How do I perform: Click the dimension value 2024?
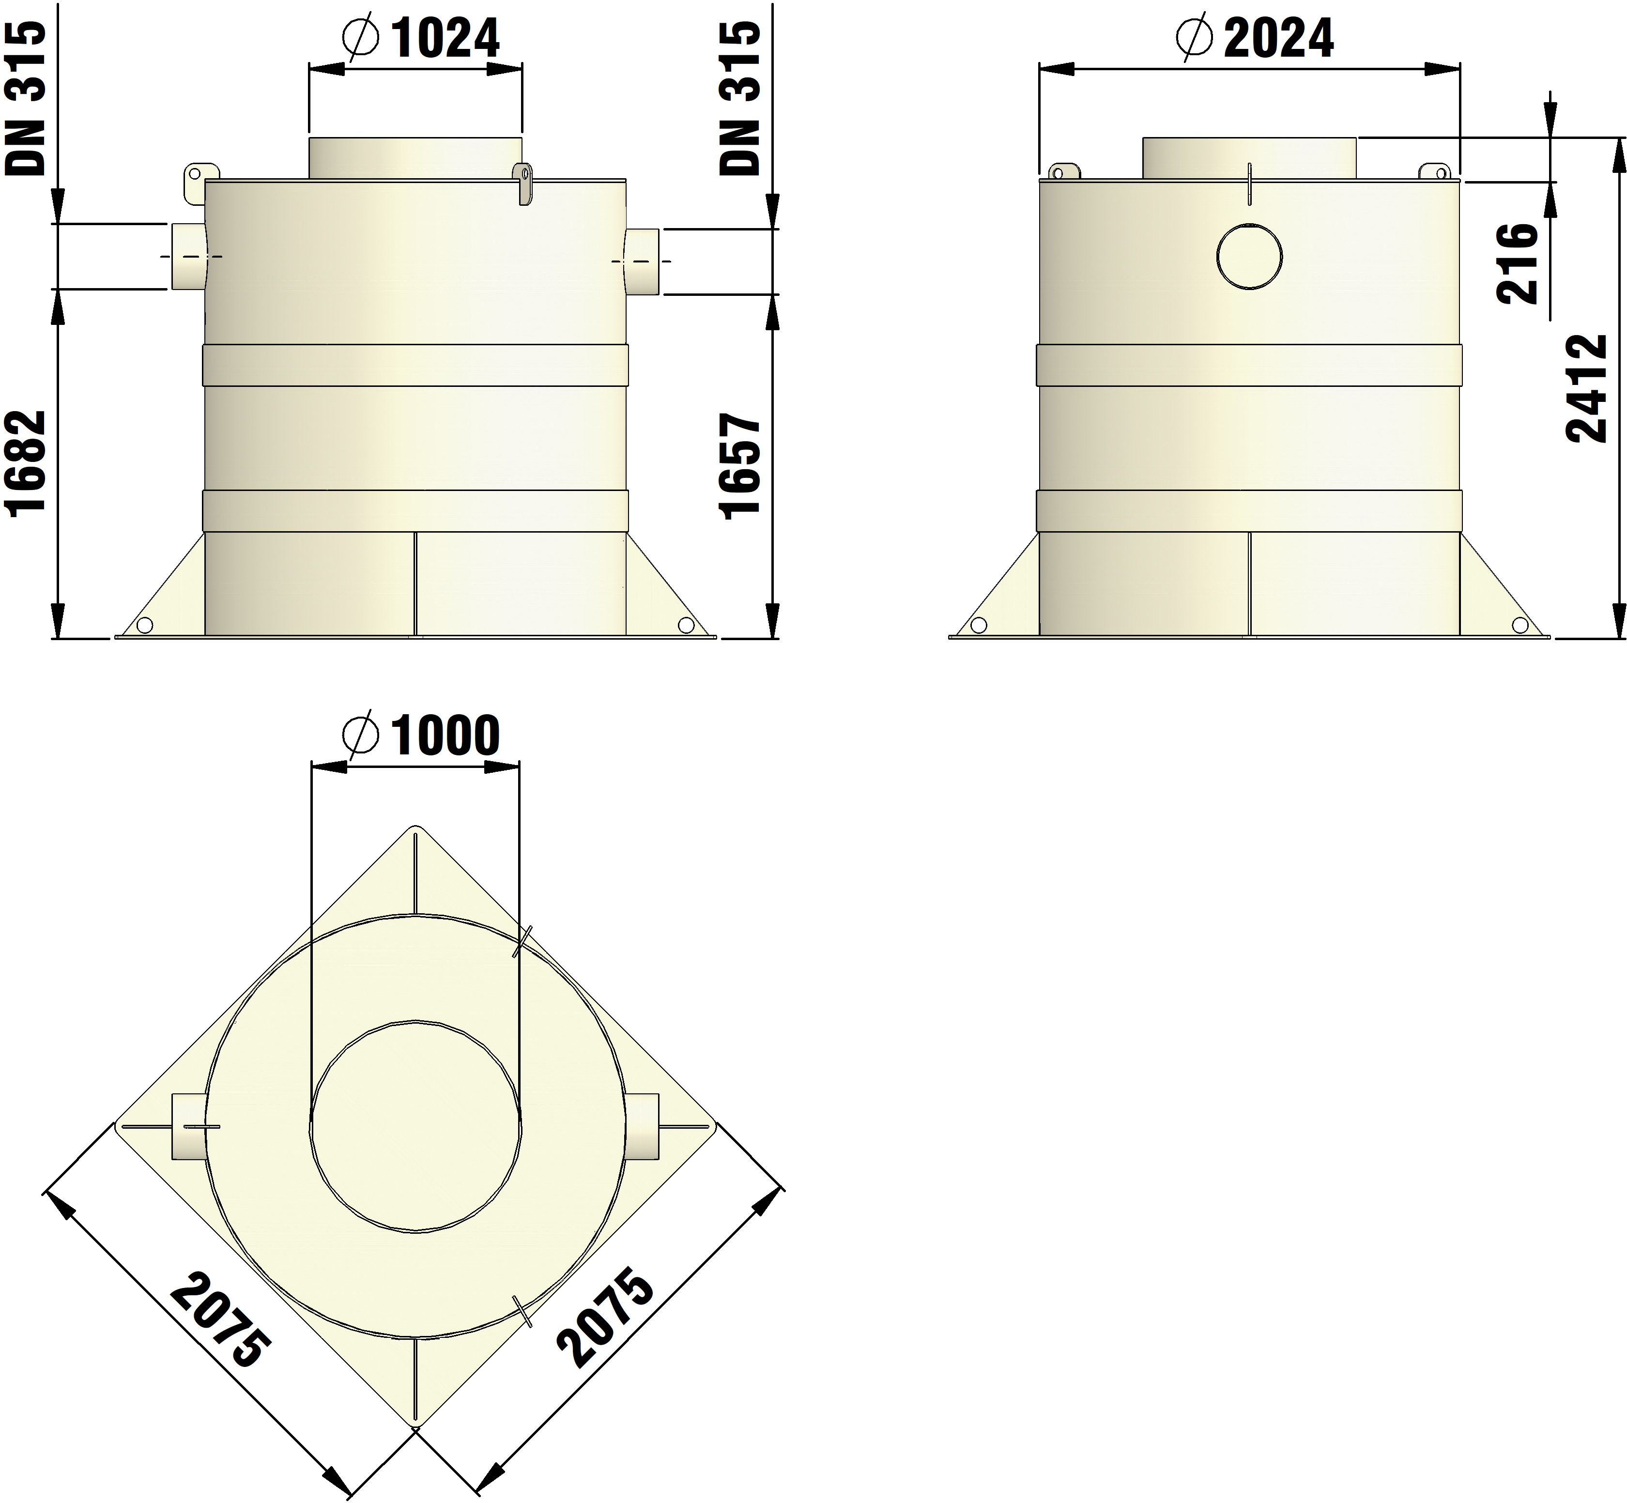[1279, 38]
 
